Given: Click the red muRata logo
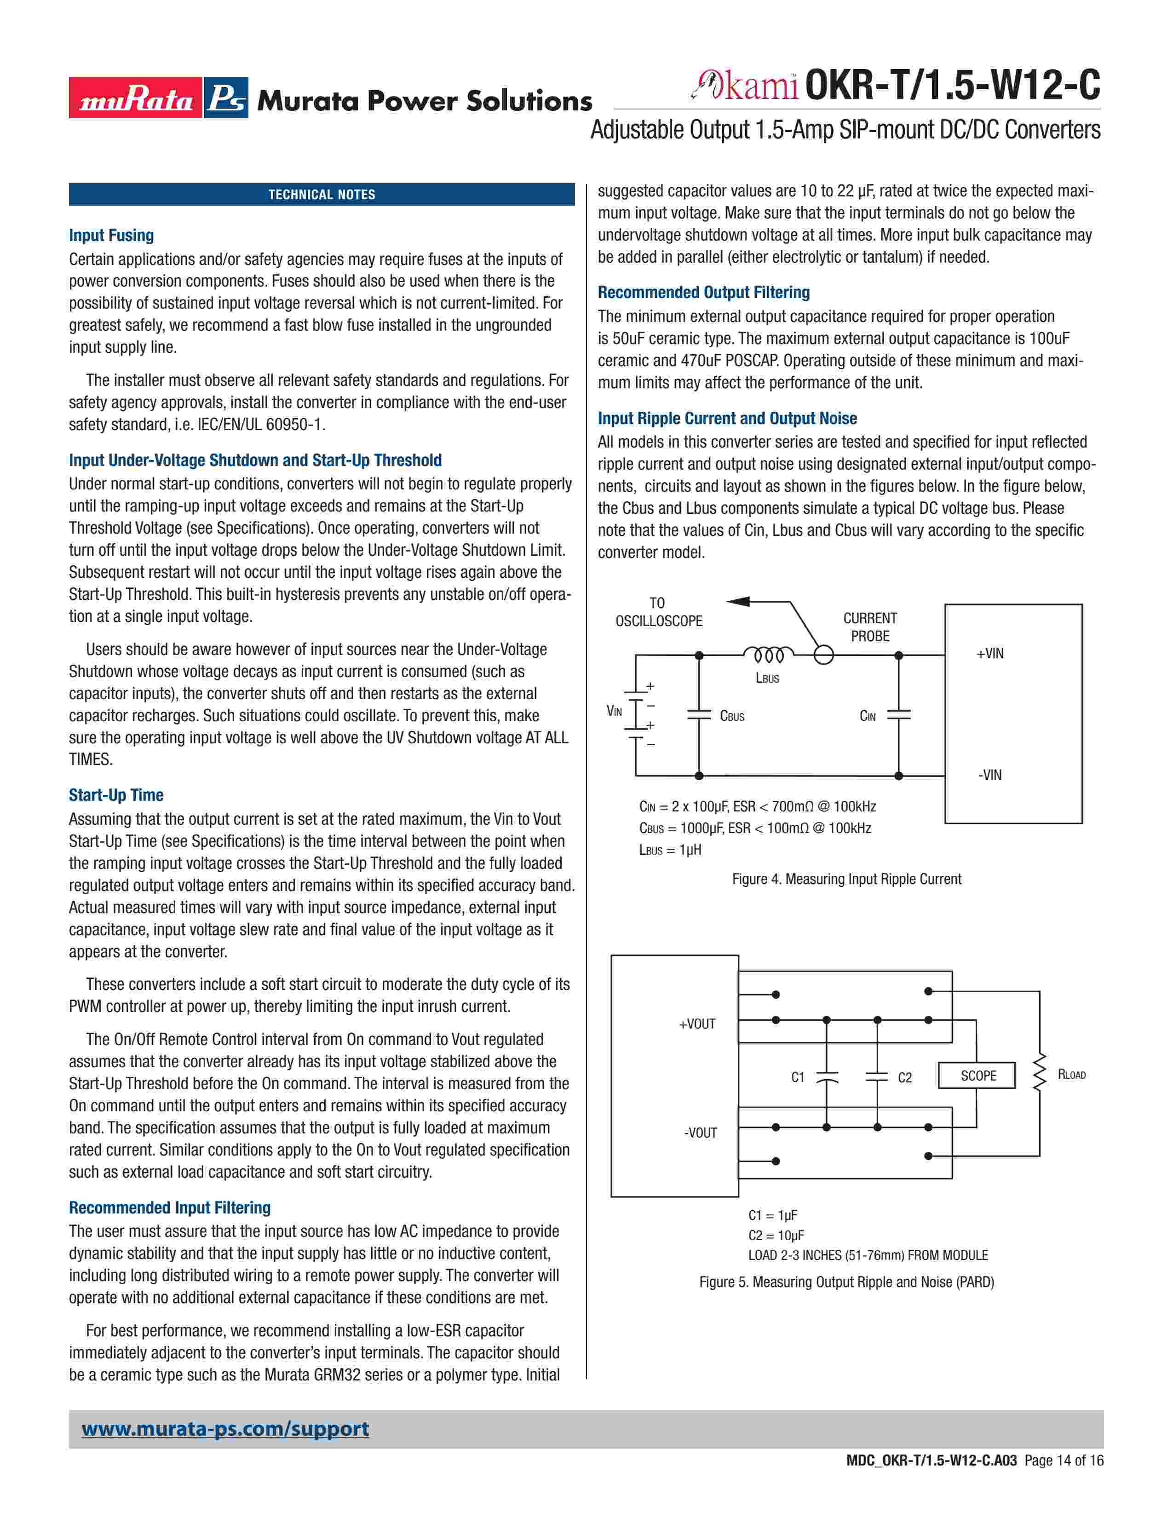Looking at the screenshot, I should (136, 98).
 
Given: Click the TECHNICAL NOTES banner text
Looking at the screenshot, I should (322, 195).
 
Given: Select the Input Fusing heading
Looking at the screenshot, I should (111, 236).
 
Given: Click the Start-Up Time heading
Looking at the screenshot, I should (116, 795).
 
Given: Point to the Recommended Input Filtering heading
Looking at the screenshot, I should (170, 1207).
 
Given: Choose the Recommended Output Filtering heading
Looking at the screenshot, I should (703, 293).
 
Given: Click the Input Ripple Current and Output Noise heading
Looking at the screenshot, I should (727, 419).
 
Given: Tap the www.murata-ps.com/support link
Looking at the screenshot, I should (225, 1429).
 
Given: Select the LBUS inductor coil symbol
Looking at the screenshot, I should (767, 655).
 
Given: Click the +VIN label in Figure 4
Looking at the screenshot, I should (989, 653).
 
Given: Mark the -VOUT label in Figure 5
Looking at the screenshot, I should (700, 1133).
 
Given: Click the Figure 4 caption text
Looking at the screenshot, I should (846, 879).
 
